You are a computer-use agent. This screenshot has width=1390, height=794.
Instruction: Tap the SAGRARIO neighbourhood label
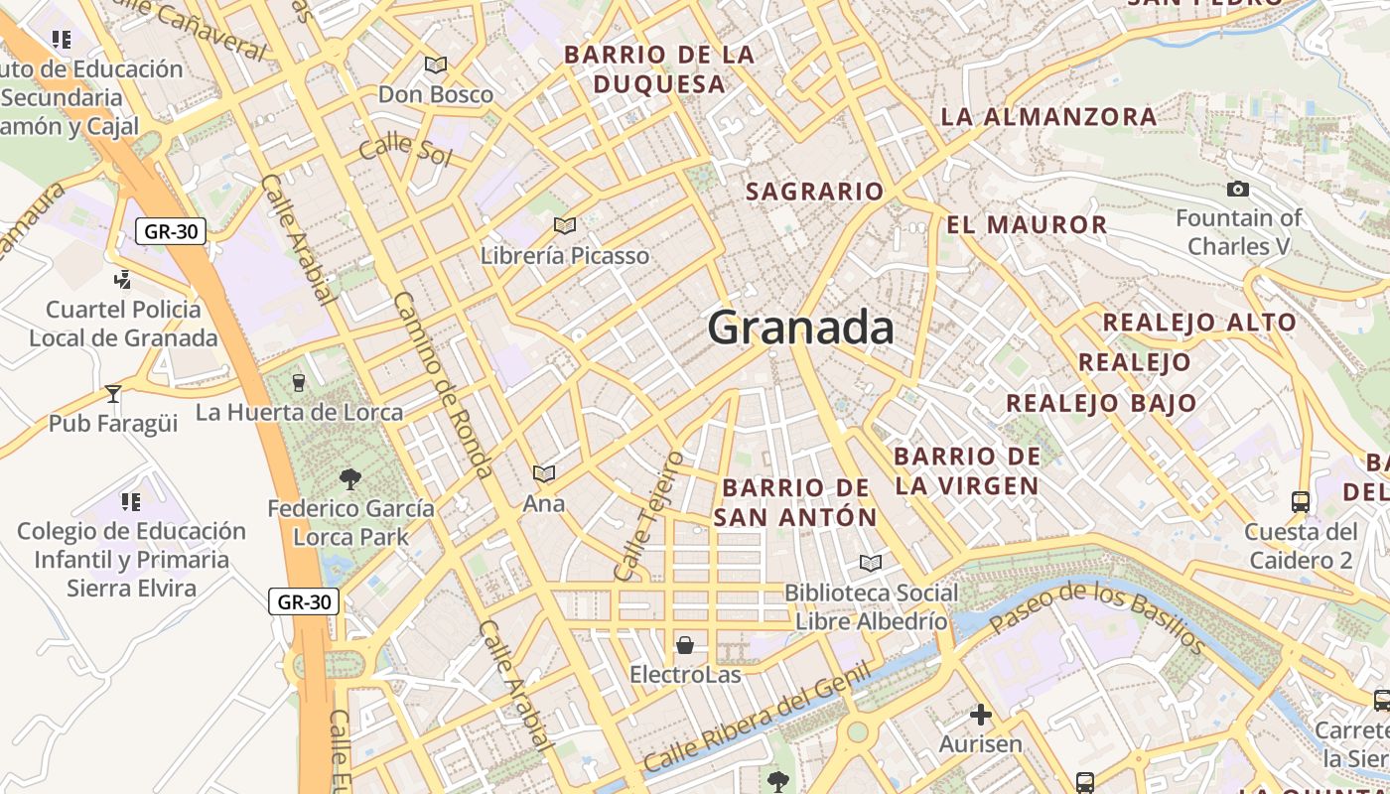[x=814, y=192]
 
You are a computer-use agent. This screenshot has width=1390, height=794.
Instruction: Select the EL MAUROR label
[x=1027, y=224]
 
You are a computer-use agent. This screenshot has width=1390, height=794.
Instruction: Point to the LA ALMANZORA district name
[x=1048, y=116]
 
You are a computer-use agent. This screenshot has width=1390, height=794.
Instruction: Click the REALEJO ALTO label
[x=1199, y=323]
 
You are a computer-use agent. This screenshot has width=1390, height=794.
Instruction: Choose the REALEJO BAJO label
[x=1101, y=403]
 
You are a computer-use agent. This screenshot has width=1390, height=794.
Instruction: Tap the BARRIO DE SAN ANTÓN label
[x=795, y=502]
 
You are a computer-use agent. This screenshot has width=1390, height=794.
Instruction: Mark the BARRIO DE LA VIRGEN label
[x=967, y=470]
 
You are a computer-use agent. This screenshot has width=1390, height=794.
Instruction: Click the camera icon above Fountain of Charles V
[x=1238, y=189]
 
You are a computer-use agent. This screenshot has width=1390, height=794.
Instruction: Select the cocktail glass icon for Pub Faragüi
[x=113, y=393]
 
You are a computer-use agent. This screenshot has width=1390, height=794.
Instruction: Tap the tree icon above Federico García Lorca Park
[x=349, y=479]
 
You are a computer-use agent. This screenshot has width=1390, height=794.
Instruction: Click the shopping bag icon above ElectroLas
[x=684, y=646]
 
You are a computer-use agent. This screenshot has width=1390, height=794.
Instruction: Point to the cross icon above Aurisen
[x=981, y=714]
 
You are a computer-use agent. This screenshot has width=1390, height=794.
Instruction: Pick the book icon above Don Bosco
[x=435, y=66]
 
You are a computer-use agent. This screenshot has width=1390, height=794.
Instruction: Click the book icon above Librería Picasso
[x=564, y=226]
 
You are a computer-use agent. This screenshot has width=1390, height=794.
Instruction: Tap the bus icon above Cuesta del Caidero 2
[x=1301, y=501]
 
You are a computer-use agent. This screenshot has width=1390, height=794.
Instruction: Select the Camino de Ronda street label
[x=443, y=384]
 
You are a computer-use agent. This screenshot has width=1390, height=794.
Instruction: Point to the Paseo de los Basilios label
[x=1097, y=618]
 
